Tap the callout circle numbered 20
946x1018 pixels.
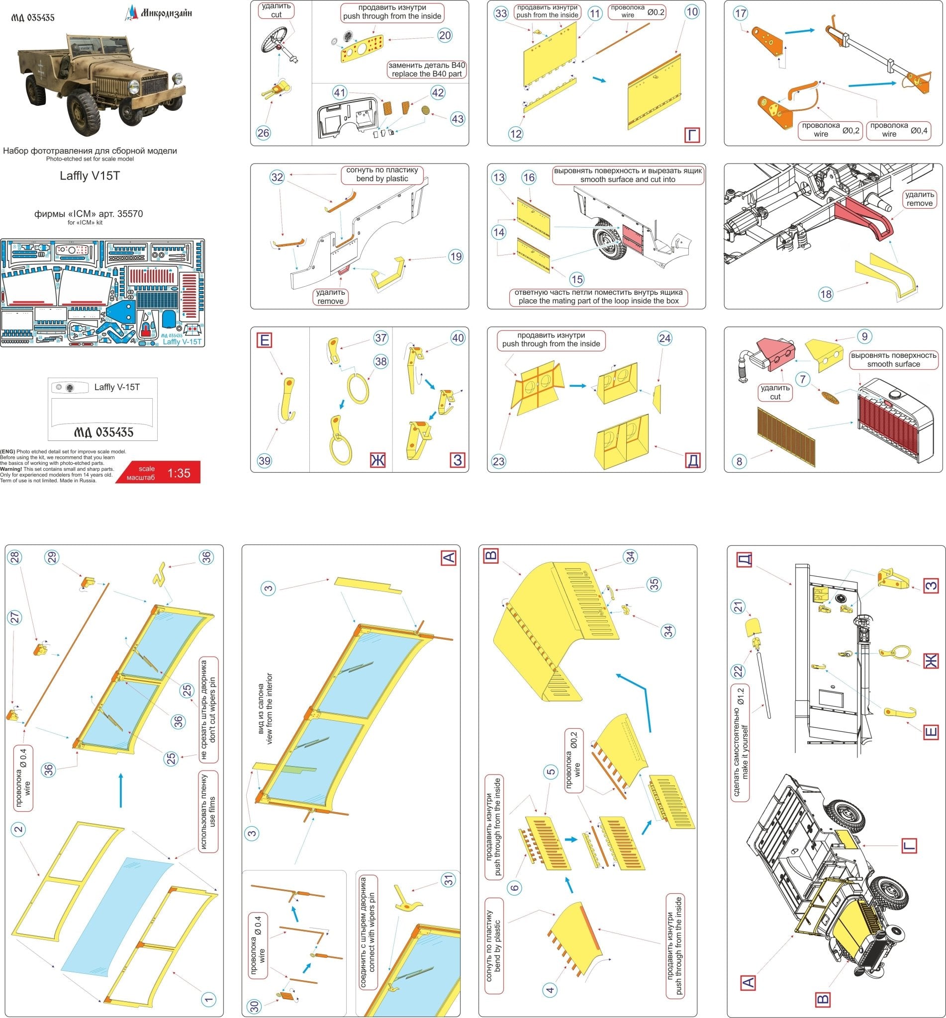(445, 35)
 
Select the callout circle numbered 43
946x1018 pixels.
(457, 119)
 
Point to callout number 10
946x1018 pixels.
(691, 12)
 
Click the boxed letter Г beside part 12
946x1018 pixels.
(691, 135)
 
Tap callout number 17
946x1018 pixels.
(740, 13)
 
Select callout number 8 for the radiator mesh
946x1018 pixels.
(739, 461)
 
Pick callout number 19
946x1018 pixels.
(456, 257)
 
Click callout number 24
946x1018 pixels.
(664, 338)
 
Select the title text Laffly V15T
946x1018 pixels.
(90, 176)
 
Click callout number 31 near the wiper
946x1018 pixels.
(449, 880)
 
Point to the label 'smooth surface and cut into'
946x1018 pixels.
(628, 179)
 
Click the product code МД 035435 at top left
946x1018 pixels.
(33, 17)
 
